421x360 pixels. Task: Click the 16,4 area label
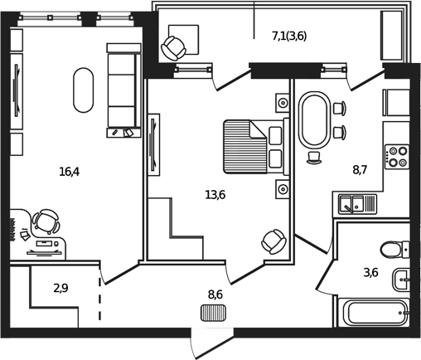coord(70,173)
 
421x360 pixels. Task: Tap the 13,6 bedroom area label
coord(215,195)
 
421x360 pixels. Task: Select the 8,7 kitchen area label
coord(360,170)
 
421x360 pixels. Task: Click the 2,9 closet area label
coord(61,289)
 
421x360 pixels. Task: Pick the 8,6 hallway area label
coord(215,294)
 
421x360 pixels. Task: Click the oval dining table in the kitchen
coord(314,120)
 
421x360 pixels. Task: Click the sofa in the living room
coord(121,87)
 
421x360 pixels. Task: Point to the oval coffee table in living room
coord(84,89)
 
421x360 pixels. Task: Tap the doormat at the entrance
coord(213,313)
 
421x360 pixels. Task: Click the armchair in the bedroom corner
coord(272,241)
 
